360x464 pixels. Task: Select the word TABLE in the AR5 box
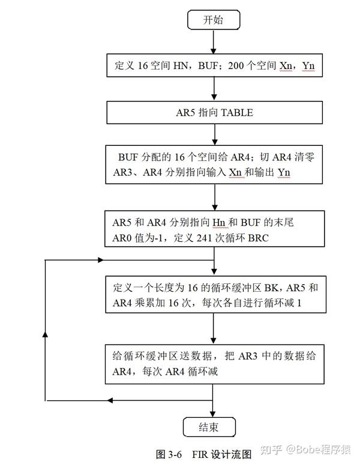[x=237, y=112]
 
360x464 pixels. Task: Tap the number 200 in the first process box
[x=236, y=65]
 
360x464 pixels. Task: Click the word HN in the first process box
[x=181, y=65]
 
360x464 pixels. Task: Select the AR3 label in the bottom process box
[x=248, y=356]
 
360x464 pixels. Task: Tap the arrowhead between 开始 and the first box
[x=213, y=50]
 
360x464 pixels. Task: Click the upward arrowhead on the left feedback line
[x=45, y=334]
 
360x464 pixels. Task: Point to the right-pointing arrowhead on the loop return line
[x=101, y=260]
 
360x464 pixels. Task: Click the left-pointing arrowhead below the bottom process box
[x=110, y=400]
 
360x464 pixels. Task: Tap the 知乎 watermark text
[x=271, y=450]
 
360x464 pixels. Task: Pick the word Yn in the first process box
[x=308, y=65]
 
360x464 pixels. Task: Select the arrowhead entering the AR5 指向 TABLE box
[x=214, y=97]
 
